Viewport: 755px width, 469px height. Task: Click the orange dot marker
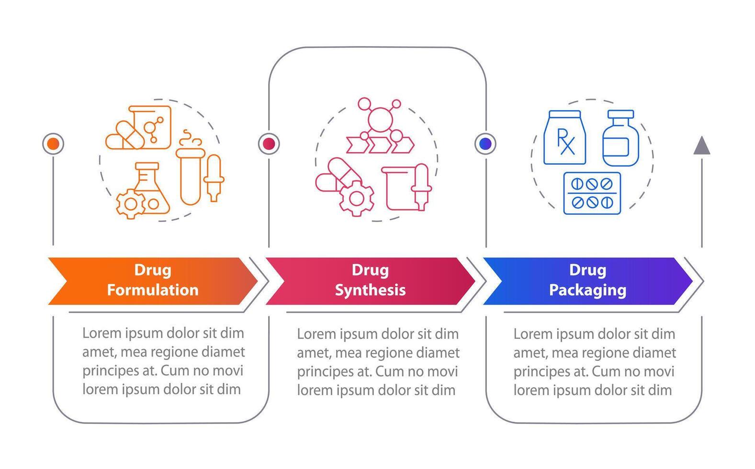click(53, 144)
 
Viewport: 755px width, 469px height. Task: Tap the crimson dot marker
click(269, 144)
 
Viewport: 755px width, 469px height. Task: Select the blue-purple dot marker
click(485, 144)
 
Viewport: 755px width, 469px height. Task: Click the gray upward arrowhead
click(702, 145)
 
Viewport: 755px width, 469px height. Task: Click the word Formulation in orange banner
click(152, 290)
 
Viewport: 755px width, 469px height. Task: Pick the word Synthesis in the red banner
click(370, 290)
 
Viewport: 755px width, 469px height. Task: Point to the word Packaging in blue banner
click(587, 290)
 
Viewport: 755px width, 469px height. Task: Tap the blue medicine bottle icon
click(620, 138)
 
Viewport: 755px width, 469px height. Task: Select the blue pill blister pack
click(592, 193)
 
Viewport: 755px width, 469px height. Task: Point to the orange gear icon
click(130, 204)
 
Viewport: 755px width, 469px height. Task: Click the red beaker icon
click(398, 188)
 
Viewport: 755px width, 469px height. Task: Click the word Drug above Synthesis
click(370, 270)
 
